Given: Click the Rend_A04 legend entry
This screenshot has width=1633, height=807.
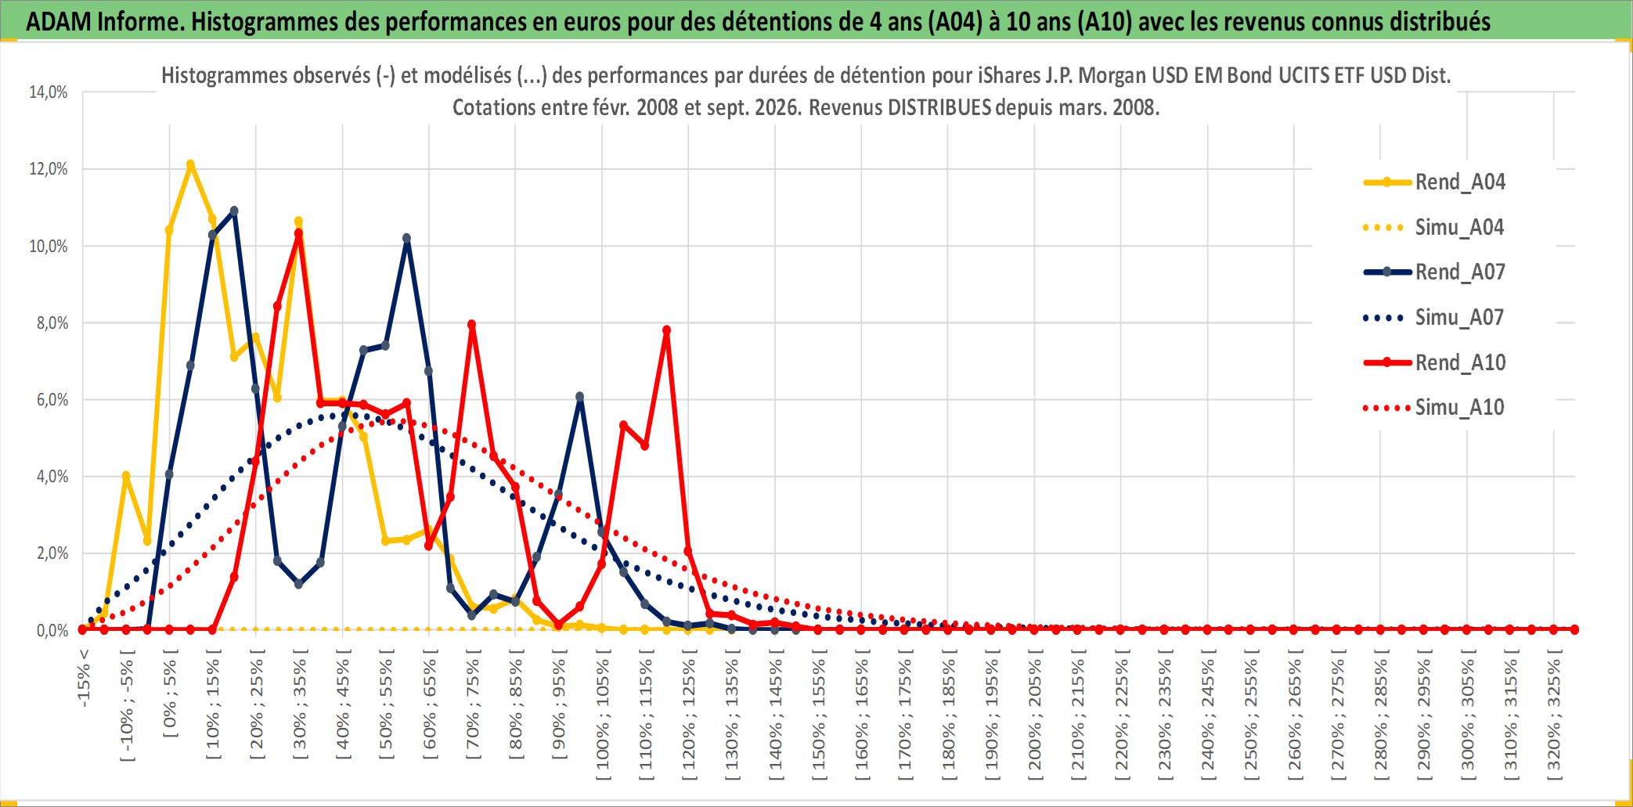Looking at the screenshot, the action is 1434,182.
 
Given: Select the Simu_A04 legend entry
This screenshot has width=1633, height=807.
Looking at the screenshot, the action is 1434,227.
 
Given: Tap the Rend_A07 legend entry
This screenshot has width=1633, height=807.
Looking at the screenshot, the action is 1434,272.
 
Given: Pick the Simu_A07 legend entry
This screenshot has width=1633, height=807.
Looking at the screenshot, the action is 1434,317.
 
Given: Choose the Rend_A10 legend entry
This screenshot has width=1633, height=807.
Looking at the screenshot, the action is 1434,362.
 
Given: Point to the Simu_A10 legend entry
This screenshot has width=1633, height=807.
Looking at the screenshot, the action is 1434,407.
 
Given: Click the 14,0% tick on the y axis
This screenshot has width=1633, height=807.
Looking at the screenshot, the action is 49,92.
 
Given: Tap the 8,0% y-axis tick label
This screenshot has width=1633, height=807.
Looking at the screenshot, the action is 52,322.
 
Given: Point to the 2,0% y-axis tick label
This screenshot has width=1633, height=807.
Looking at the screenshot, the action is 52,553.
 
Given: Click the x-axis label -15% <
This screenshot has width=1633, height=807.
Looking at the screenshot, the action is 84,679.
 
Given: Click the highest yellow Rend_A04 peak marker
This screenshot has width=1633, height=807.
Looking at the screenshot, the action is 190,164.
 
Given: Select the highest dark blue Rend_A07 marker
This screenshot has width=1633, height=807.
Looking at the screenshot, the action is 234,211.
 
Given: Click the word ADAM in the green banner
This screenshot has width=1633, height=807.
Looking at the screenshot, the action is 59,21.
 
